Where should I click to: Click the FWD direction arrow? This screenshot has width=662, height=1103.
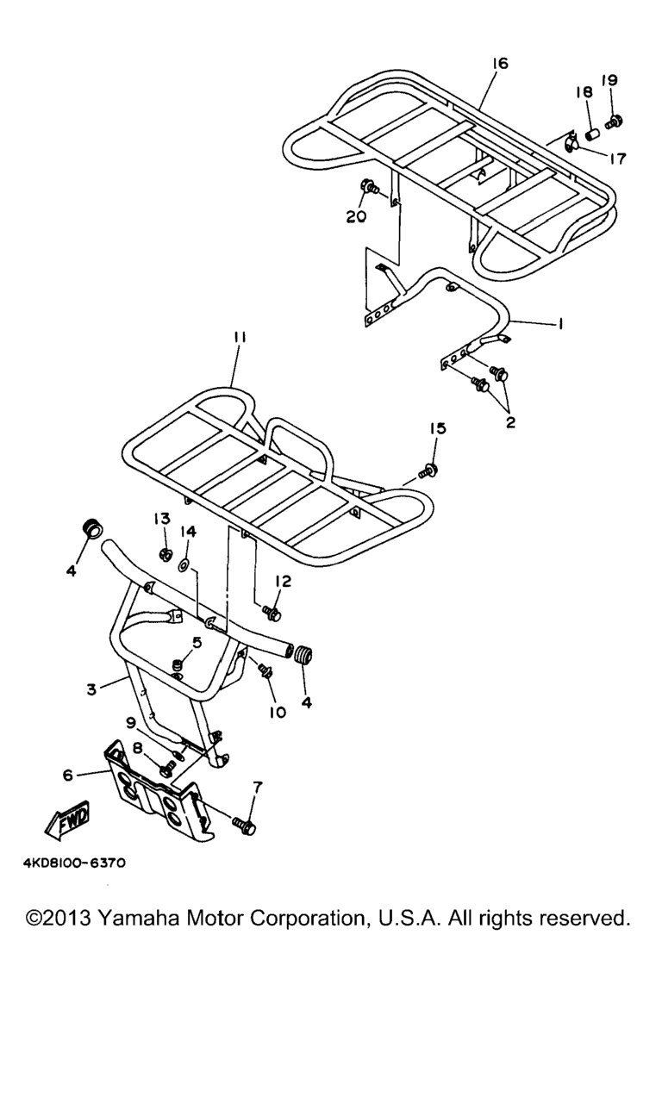click(x=67, y=819)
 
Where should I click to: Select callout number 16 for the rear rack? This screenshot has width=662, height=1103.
click(x=499, y=64)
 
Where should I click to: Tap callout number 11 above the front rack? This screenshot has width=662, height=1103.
click(x=240, y=338)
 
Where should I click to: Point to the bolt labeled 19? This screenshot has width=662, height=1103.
click(x=615, y=122)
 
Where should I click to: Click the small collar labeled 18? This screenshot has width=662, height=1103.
click(x=594, y=134)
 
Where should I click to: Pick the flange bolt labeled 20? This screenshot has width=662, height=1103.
click(x=371, y=187)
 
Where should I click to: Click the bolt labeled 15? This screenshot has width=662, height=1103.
click(x=428, y=470)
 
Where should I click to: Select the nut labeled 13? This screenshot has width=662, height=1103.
click(x=166, y=555)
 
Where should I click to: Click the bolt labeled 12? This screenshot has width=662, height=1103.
click(x=272, y=613)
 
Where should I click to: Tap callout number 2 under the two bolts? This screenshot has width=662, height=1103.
click(x=510, y=422)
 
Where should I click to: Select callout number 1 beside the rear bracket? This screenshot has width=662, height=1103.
click(x=560, y=323)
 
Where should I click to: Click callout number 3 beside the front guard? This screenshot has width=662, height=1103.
click(x=91, y=689)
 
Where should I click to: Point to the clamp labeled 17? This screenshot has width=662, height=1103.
click(x=571, y=143)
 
